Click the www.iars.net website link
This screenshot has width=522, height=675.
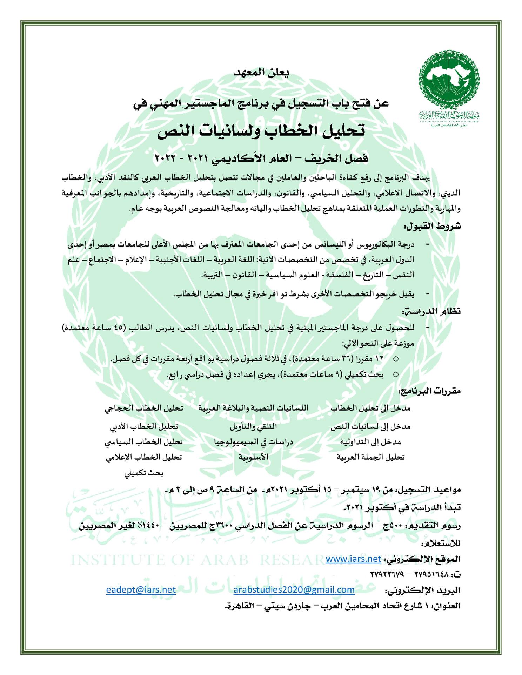click(353, 559)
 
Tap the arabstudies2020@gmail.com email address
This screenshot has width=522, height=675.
click(294, 589)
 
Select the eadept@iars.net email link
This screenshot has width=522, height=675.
click(141, 589)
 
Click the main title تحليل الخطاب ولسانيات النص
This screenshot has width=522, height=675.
click(261, 130)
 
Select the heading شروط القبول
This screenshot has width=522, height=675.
click(433, 226)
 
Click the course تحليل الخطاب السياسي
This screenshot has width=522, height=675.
click(143, 442)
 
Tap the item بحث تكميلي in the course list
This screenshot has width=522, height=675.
click(144, 473)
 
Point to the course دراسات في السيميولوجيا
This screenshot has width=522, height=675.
click(253, 442)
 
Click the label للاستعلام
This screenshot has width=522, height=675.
click(441, 544)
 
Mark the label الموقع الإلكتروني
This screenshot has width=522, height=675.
click(423, 559)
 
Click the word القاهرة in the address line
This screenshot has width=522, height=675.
click(239, 606)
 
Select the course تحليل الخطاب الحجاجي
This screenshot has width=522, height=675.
click(143, 408)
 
